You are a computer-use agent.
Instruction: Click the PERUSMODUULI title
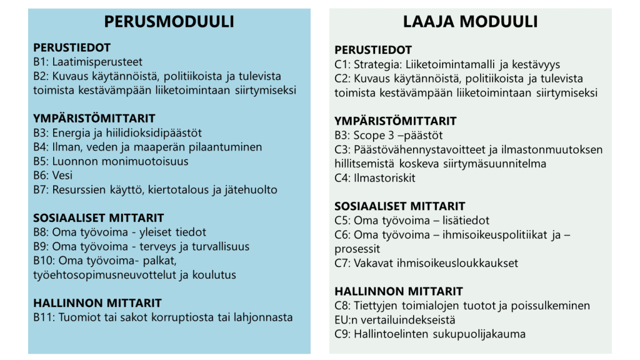tap(169, 22)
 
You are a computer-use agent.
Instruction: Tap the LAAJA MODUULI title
tap(470, 22)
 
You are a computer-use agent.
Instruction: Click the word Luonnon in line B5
tap(73, 161)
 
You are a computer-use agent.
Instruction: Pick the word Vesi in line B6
tap(62, 176)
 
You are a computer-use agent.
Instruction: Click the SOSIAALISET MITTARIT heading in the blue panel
tap(99, 218)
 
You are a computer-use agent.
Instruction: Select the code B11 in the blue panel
tap(44, 317)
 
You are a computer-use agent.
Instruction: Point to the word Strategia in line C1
tap(376, 64)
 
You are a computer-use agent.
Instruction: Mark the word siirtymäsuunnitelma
tap(496, 164)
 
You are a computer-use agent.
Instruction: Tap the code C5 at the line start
tap(342, 221)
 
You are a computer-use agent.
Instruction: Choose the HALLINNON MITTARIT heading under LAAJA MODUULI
tap(399, 291)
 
